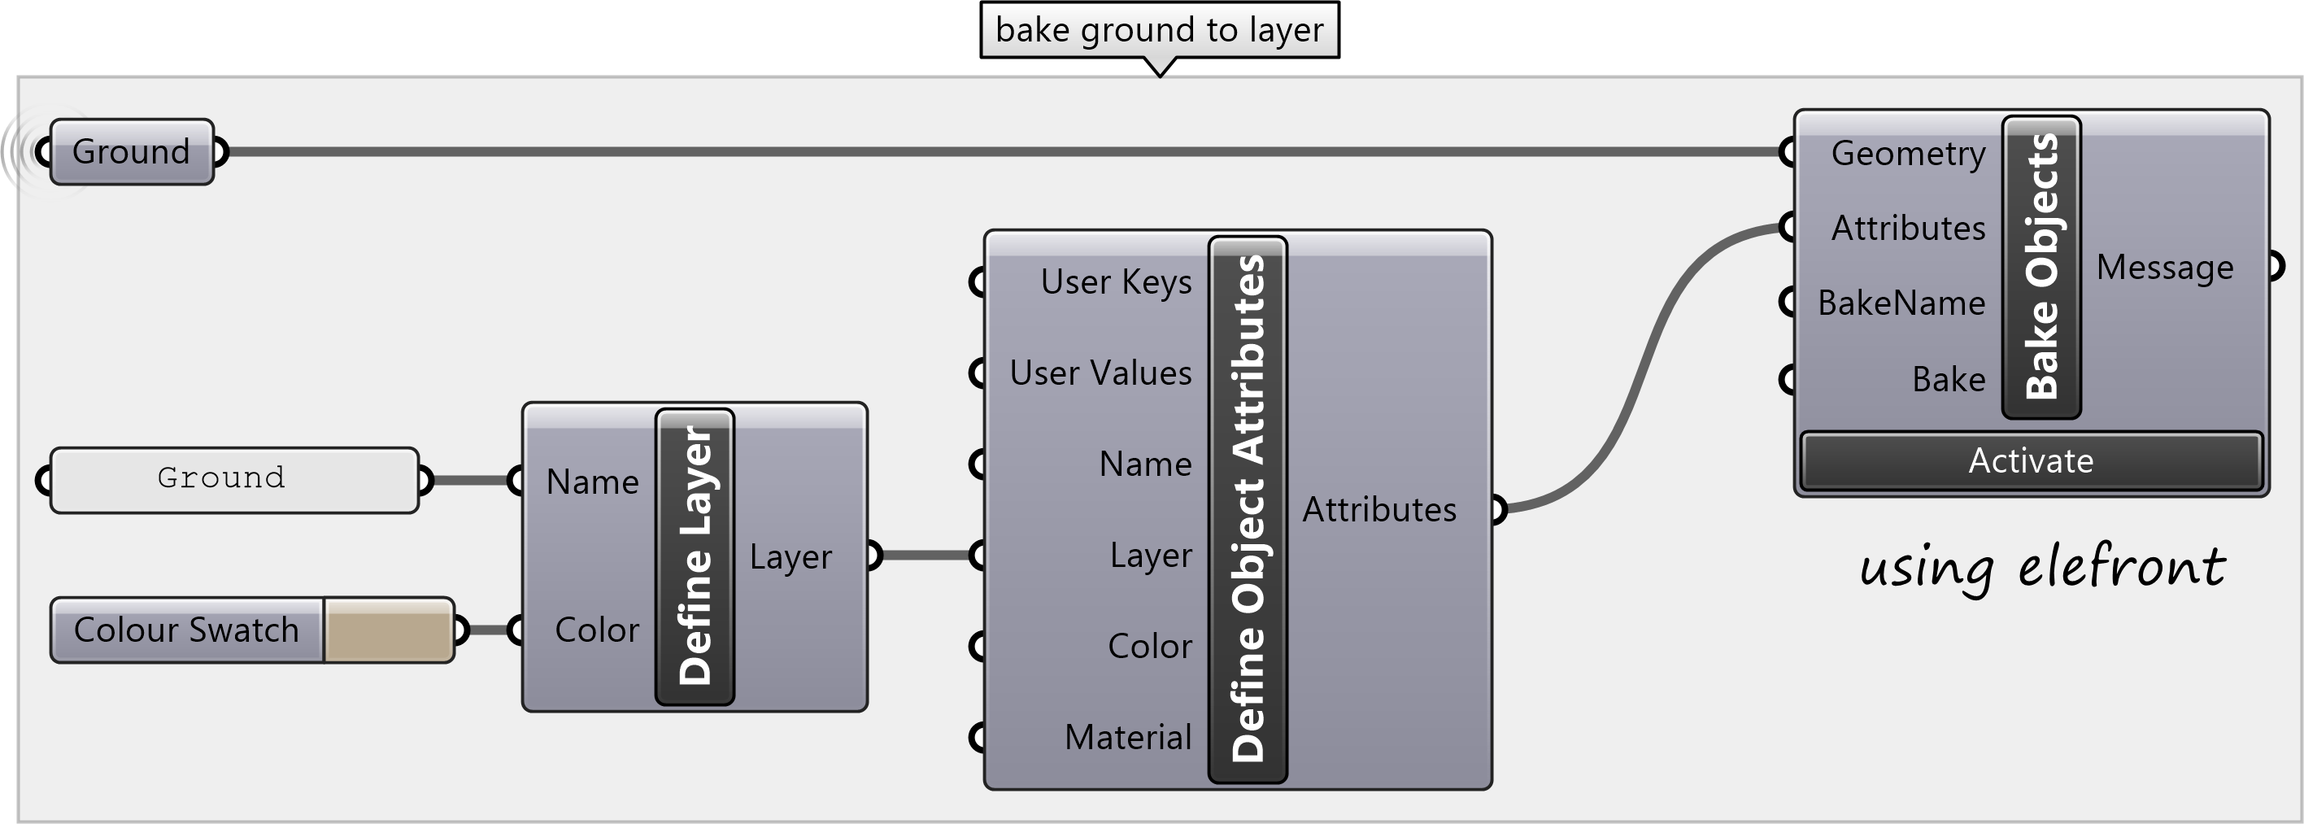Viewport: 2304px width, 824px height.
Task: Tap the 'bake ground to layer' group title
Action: (1159, 30)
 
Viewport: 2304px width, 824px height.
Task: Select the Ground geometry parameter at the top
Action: (132, 152)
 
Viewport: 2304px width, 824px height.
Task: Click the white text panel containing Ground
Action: (234, 480)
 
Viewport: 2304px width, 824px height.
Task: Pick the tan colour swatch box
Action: (388, 630)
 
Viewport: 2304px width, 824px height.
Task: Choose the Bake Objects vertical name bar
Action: (2041, 267)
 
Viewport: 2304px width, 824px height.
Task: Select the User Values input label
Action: (1100, 373)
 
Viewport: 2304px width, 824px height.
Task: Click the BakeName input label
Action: (1901, 303)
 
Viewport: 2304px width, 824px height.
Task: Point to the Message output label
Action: (2164, 268)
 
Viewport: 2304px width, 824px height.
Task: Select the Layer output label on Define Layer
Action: (791, 556)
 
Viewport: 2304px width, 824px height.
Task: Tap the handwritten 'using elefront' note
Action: (2042, 567)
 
